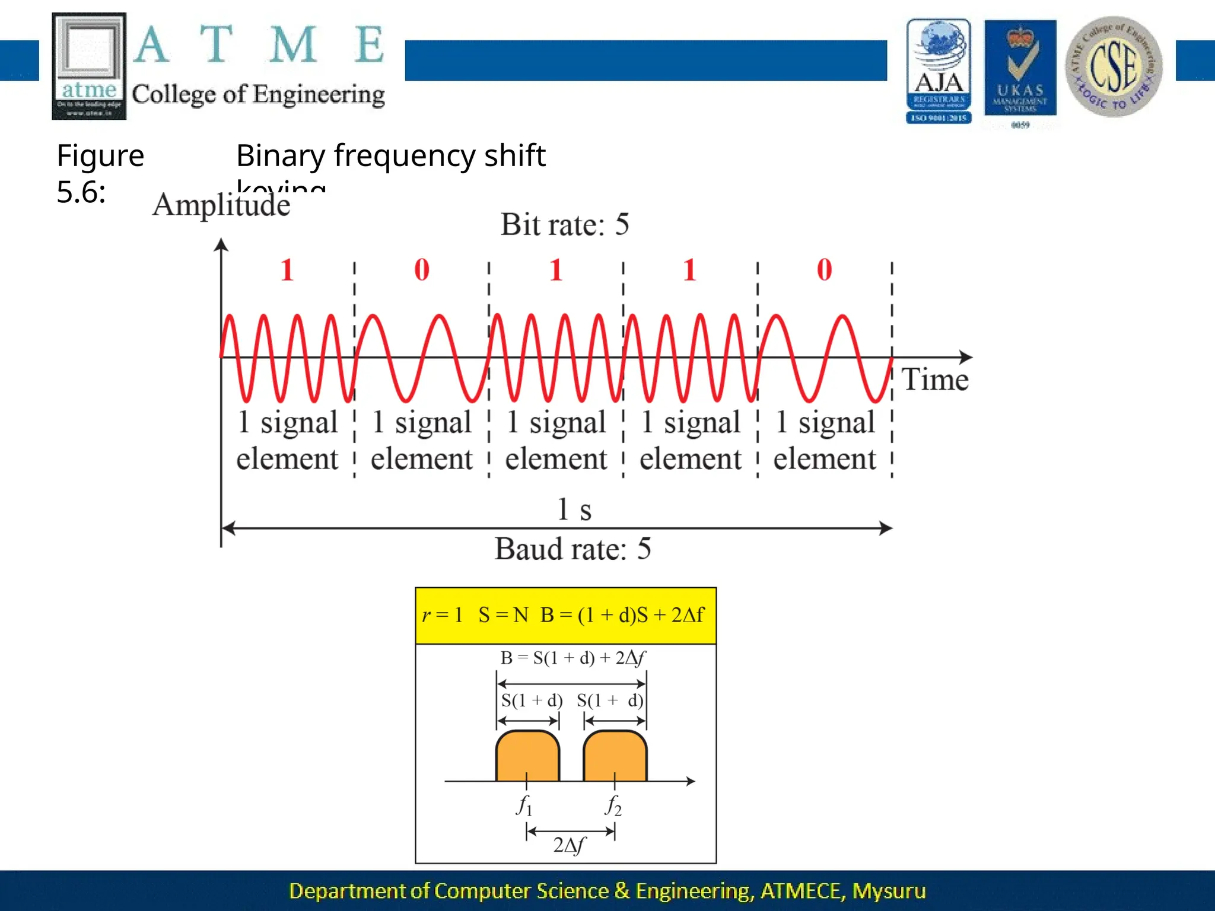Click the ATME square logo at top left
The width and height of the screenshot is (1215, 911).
[89, 66]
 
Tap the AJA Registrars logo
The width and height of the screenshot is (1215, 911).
[939, 71]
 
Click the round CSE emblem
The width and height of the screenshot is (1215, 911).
[1114, 66]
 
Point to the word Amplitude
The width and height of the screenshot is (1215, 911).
[221, 205]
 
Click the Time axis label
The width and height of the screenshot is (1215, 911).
[935, 380]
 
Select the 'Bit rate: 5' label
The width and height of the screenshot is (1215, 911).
[565, 225]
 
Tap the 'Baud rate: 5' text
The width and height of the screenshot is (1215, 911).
[572, 549]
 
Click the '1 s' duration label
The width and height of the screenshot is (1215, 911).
[574, 509]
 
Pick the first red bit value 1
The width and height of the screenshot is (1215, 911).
[287, 270]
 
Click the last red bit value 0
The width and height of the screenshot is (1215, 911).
[824, 270]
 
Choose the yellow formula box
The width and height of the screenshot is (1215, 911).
[565, 616]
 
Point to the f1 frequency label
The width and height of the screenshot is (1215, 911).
[524, 805]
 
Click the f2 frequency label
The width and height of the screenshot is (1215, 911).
[613, 805]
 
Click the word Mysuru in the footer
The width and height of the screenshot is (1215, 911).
[889, 891]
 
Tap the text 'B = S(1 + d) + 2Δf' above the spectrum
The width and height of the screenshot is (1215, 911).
[572, 658]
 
